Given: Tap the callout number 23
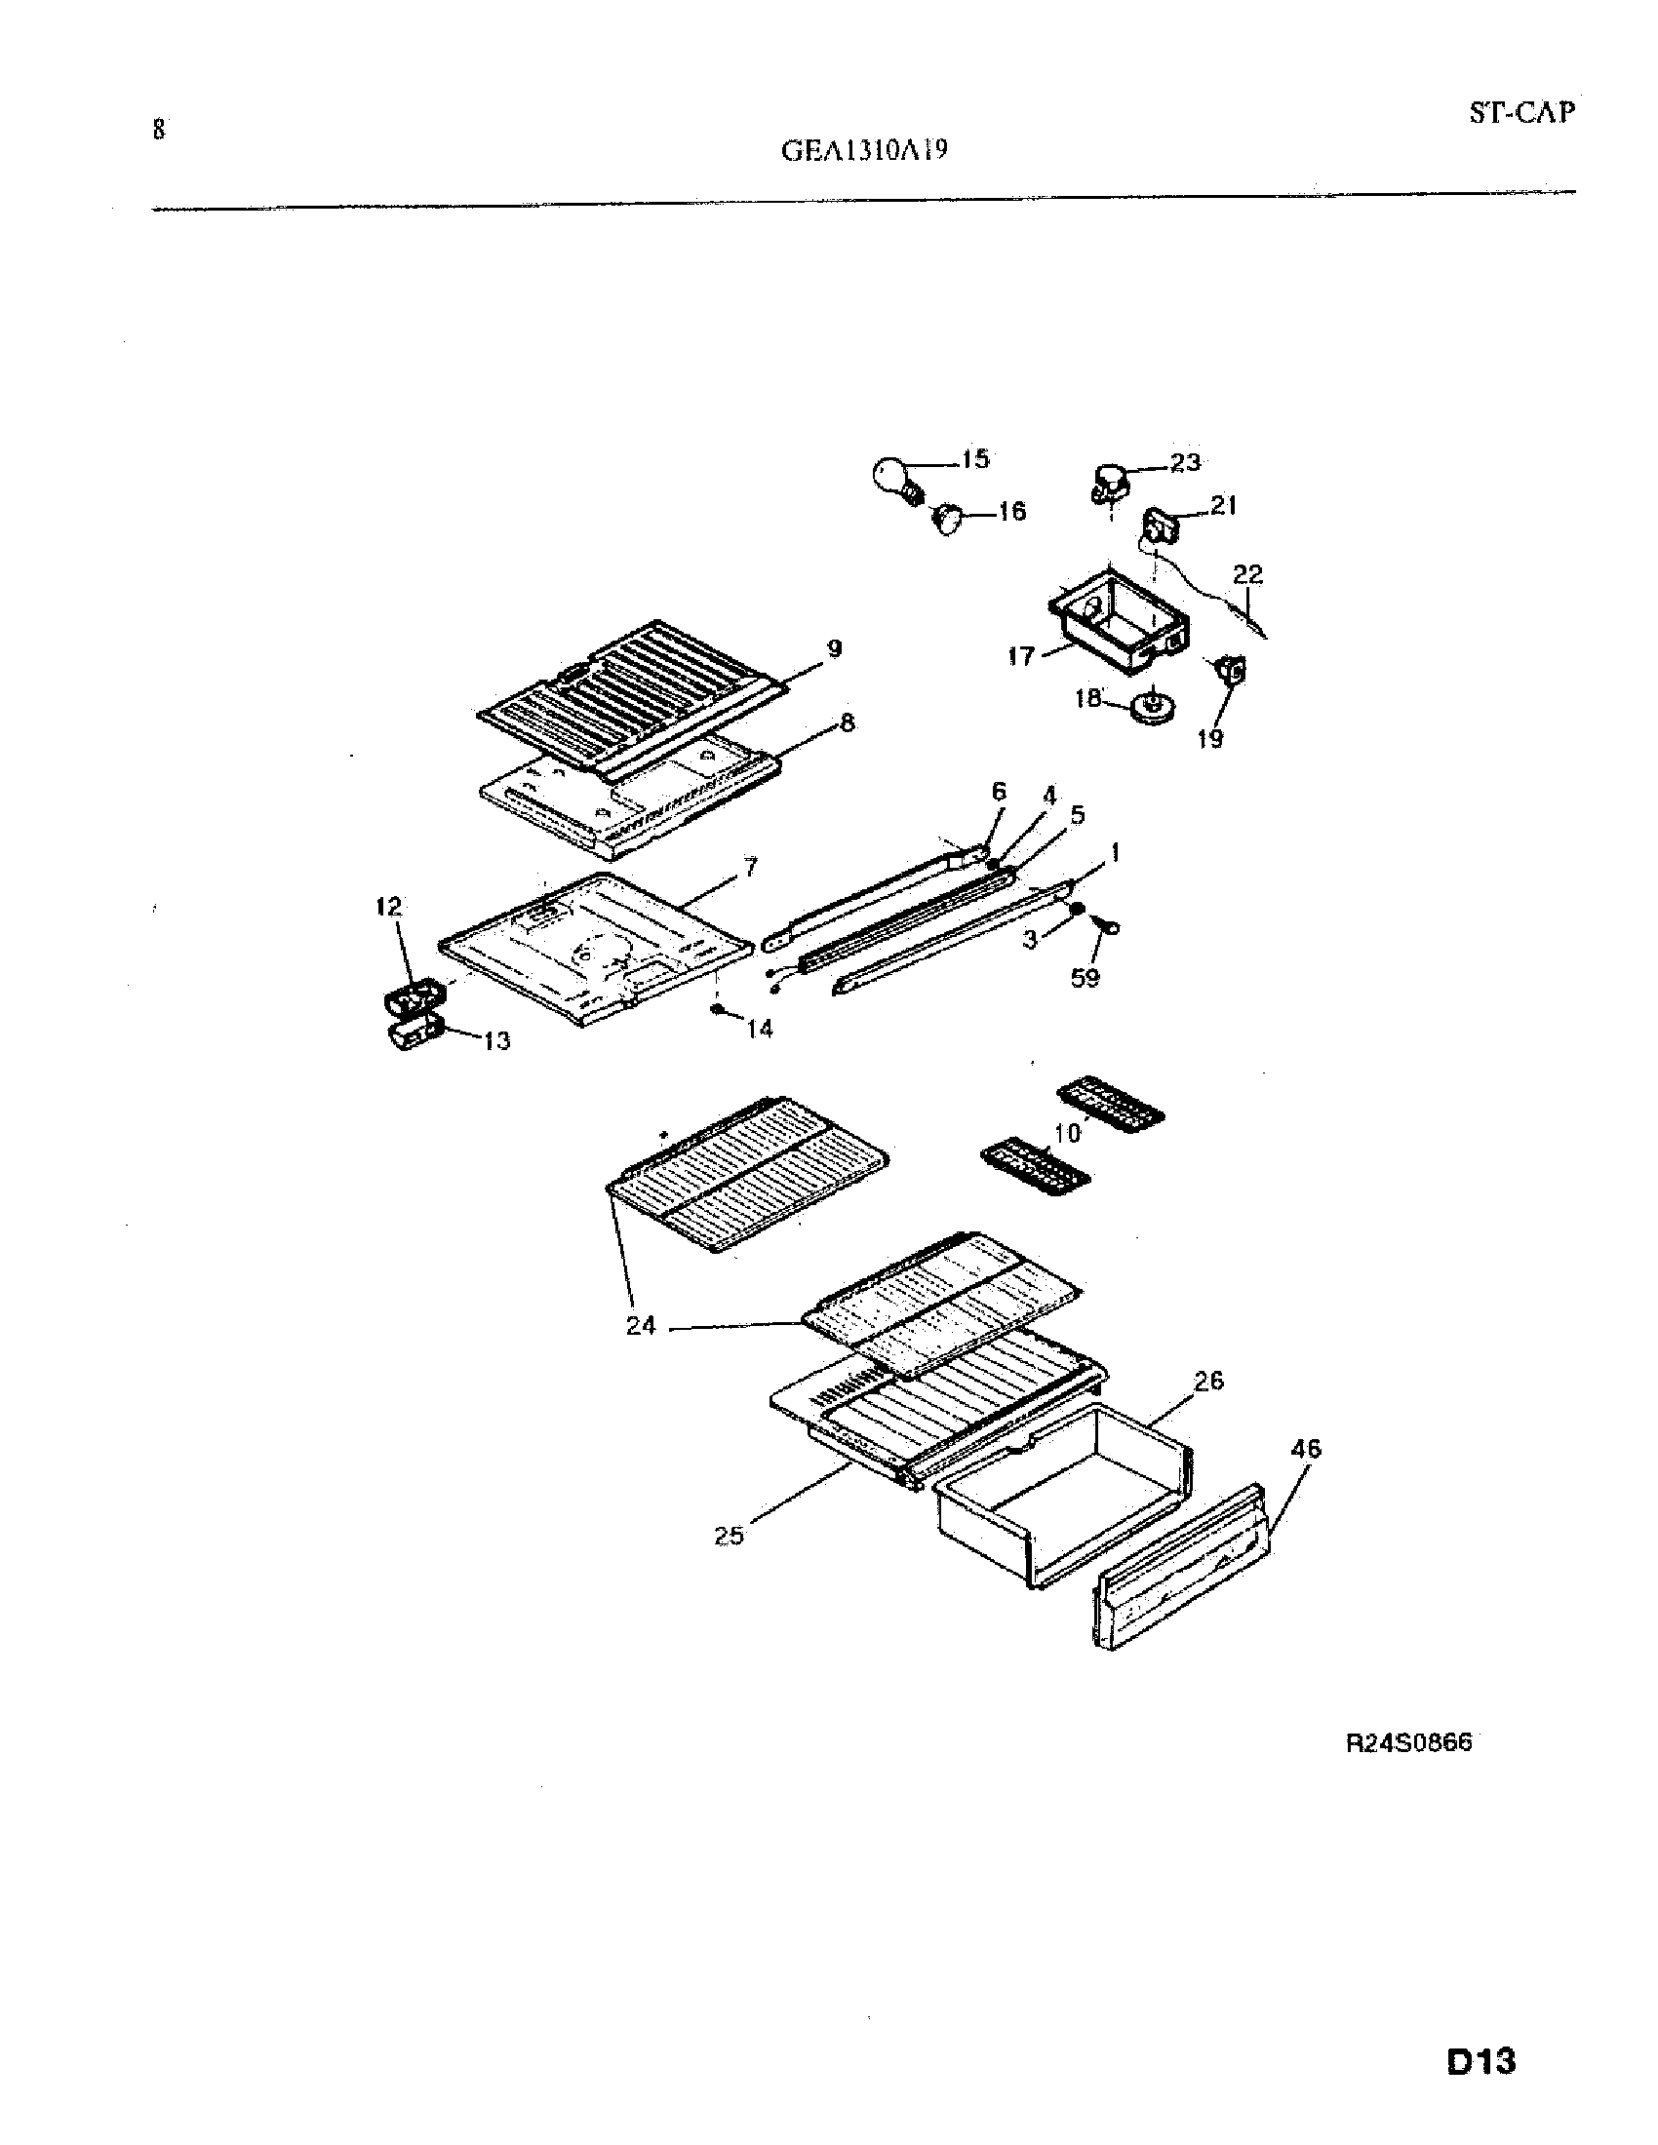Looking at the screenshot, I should point(1186,461).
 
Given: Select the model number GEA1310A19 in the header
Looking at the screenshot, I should point(864,151).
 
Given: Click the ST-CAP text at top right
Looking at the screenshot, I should point(1520,113).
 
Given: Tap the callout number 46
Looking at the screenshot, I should point(1305,1449).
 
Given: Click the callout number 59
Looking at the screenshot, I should point(1085,978).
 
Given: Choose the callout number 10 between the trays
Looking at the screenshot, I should point(1067,1132).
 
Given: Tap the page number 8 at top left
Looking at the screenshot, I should point(158,129).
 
